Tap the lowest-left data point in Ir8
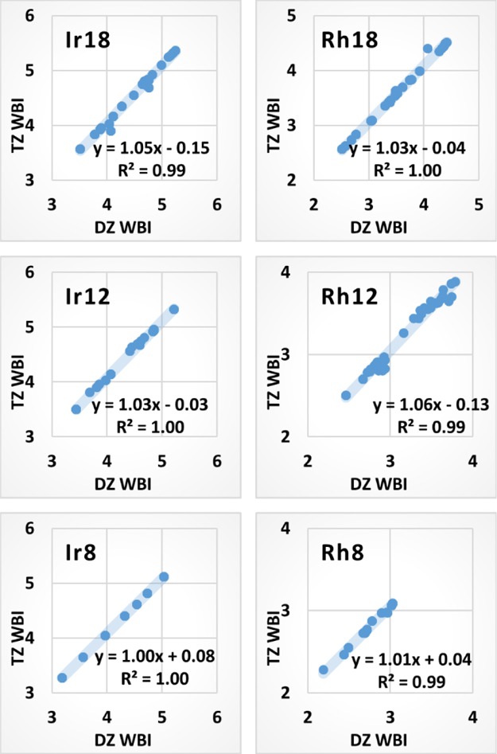62,678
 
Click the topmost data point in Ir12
174,309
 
